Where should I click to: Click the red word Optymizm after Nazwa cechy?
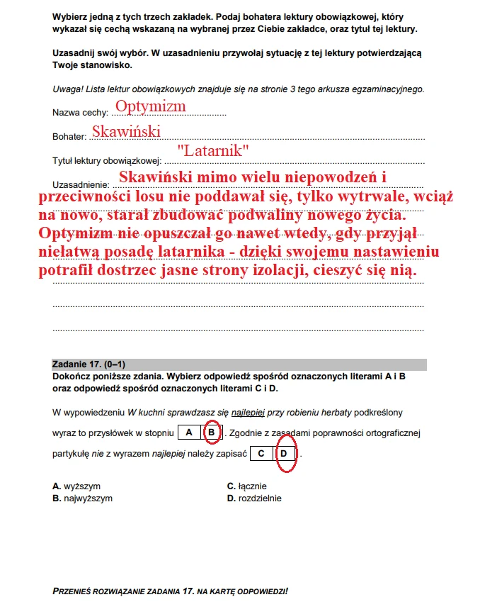click(150, 106)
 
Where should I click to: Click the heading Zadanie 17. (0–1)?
click(89, 364)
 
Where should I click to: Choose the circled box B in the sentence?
click(211, 432)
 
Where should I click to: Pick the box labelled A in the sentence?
click(189, 432)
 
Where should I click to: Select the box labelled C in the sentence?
click(261, 453)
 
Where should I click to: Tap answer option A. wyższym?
click(76, 486)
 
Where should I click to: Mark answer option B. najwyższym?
click(82, 498)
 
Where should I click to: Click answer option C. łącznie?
click(246, 486)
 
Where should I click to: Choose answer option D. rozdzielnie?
click(253, 498)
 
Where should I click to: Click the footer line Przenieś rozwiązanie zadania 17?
click(170, 590)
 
